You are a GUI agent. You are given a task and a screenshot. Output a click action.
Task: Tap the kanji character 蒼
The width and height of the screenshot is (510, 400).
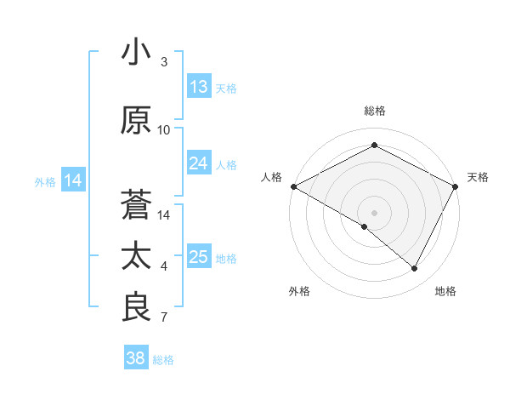coord(136,205)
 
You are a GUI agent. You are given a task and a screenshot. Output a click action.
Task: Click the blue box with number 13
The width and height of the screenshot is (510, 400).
coord(199,87)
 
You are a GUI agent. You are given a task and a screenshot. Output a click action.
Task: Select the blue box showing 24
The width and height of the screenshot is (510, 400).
coord(199,163)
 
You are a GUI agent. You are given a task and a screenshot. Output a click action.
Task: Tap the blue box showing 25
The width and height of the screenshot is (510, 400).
coord(199,257)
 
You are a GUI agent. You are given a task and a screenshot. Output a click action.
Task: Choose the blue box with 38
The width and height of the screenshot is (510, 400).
coord(136,359)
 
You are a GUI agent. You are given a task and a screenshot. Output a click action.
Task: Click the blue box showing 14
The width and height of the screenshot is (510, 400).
coord(73,180)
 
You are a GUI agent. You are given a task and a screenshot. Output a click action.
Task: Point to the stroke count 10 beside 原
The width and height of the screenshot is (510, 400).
coord(164,130)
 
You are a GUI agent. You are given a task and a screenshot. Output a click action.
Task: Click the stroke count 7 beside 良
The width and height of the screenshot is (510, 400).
coord(164,318)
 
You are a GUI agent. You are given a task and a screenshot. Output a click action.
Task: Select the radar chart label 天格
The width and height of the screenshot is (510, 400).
coord(478,177)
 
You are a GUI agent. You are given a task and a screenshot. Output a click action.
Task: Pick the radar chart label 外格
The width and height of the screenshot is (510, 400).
coord(298,291)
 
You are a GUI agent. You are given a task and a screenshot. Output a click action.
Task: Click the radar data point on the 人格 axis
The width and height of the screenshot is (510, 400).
coord(293,186)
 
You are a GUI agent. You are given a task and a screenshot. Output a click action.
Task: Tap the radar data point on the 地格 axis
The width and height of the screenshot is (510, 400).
coord(415,268)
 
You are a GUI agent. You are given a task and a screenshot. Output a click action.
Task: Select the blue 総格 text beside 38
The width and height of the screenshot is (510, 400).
coord(164,360)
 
